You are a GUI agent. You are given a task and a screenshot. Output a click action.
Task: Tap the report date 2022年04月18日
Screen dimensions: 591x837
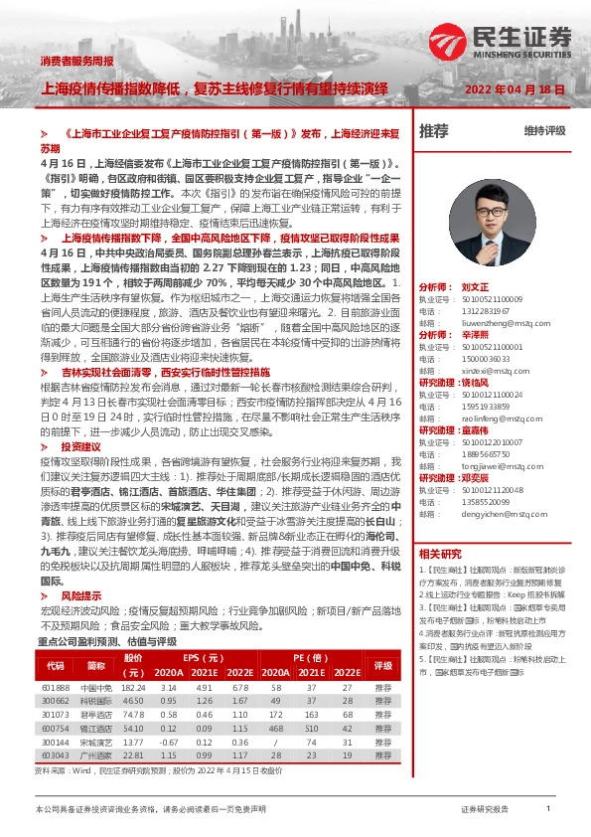(x=516, y=89)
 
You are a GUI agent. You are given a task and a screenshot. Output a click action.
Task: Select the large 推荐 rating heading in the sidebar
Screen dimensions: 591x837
(x=434, y=131)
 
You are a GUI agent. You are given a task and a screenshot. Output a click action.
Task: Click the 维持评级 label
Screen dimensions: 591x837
(x=544, y=130)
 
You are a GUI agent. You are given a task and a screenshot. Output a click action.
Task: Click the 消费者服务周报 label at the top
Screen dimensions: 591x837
(x=76, y=62)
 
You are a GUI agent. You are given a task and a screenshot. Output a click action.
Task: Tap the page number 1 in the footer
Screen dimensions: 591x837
(x=548, y=810)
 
